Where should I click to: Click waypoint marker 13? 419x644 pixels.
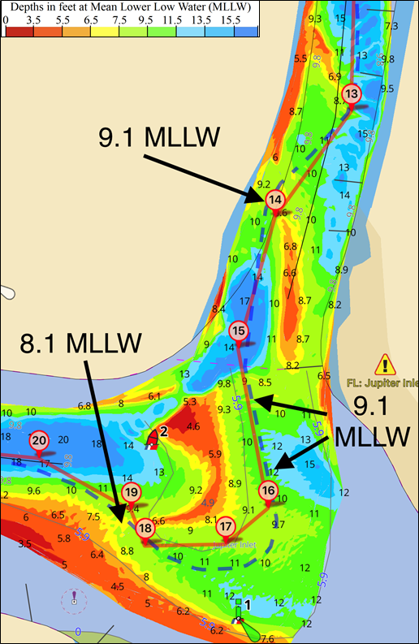351,94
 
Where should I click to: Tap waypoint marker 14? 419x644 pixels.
275,200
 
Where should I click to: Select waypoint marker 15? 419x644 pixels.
238,331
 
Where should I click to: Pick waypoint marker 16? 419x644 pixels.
268,491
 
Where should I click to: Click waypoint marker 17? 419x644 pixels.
225,527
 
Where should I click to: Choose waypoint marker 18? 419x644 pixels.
145,529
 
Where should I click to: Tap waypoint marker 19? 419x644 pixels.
132,492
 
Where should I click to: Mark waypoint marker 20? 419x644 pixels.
38,441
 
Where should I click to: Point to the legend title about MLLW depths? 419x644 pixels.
129,7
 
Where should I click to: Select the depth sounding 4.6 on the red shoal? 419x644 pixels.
193,426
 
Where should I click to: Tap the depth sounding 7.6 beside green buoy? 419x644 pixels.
268,638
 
